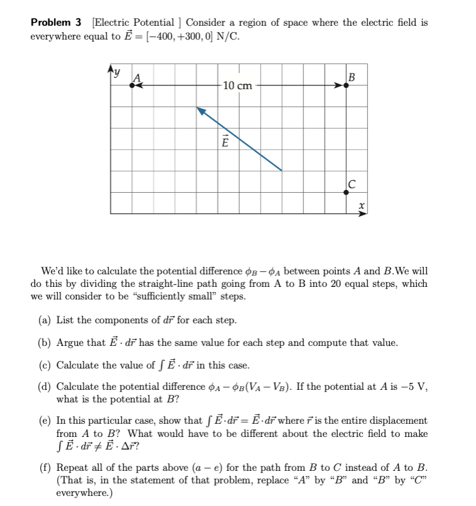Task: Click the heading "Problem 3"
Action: tap(57, 22)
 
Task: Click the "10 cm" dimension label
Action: tap(237, 85)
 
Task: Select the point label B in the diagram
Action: tap(351, 78)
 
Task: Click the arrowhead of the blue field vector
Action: tap(200, 110)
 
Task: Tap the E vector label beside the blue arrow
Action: tap(224, 142)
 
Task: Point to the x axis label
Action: tap(361, 205)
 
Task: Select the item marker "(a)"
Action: tap(45, 320)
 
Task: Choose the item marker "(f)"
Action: tap(45, 468)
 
